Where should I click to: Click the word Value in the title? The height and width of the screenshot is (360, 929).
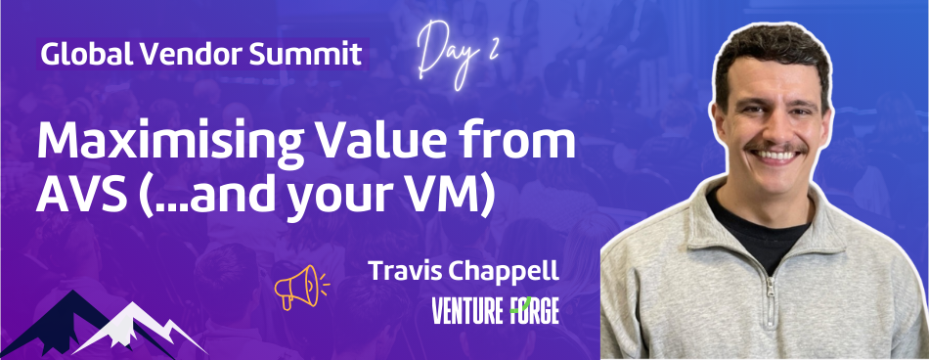click(395, 144)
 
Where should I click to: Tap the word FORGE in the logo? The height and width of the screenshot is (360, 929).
click(534, 312)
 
